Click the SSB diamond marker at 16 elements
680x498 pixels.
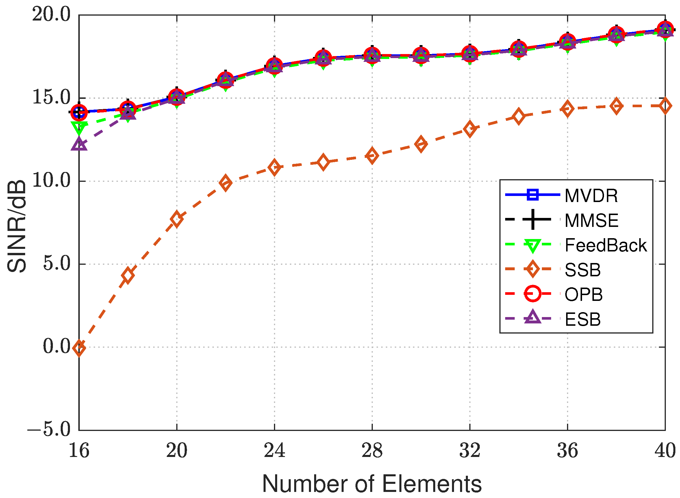pyautogui.click(x=79, y=348)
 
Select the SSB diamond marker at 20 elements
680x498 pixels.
pyautogui.click(x=177, y=219)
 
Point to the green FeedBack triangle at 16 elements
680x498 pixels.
pyautogui.click(x=79, y=127)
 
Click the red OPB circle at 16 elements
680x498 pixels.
pyautogui.click(x=79, y=112)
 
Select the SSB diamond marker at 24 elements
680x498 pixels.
pyautogui.click(x=275, y=167)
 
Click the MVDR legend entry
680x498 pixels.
pyautogui.click(x=591, y=196)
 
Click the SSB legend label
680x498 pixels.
pyautogui.click(x=582, y=270)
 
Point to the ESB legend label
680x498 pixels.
pyautogui.click(x=582, y=319)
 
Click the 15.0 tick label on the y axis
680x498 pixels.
pyautogui.click(x=51, y=97)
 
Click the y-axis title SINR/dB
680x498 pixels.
pyautogui.click(x=17, y=226)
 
